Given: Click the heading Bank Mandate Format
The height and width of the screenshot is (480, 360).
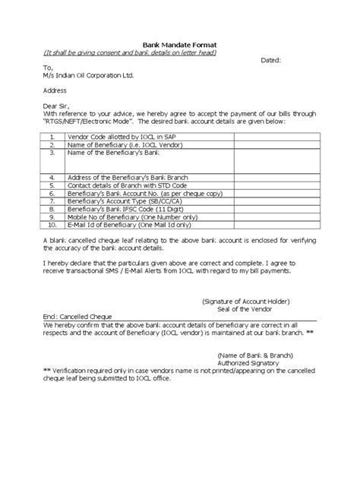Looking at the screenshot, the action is (x=180, y=46).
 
